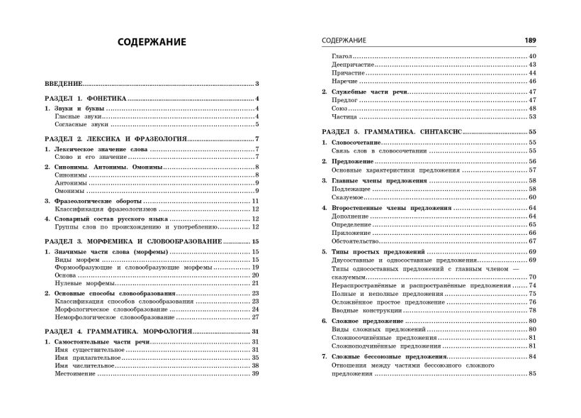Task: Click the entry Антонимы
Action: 70,182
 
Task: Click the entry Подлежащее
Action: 354,189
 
